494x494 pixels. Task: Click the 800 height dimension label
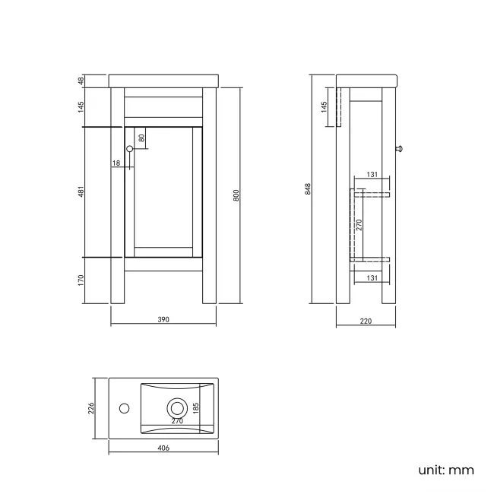(236, 195)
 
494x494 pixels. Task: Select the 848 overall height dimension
(308, 188)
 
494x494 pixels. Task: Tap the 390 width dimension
(163, 319)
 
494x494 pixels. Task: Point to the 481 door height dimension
(81, 192)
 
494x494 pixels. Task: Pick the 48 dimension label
(81, 81)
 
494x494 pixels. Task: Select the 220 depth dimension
(366, 321)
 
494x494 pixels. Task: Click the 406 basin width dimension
(163, 448)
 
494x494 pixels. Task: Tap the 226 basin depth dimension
(90, 408)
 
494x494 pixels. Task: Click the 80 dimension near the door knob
(141, 138)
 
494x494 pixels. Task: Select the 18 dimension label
(116, 163)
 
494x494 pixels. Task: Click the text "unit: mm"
(446, 470)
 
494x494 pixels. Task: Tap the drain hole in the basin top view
(177, 408)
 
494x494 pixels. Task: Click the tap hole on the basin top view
(123, 408)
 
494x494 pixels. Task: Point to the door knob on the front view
(129, 148)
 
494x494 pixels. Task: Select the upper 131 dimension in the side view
(372, 176)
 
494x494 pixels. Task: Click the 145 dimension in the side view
(325, 106)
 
